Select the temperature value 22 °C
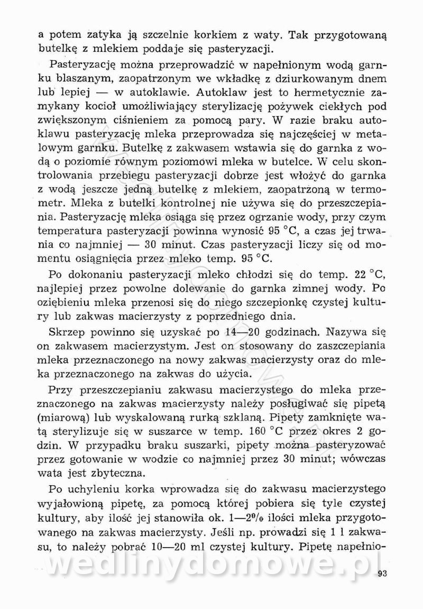[366, 275]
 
